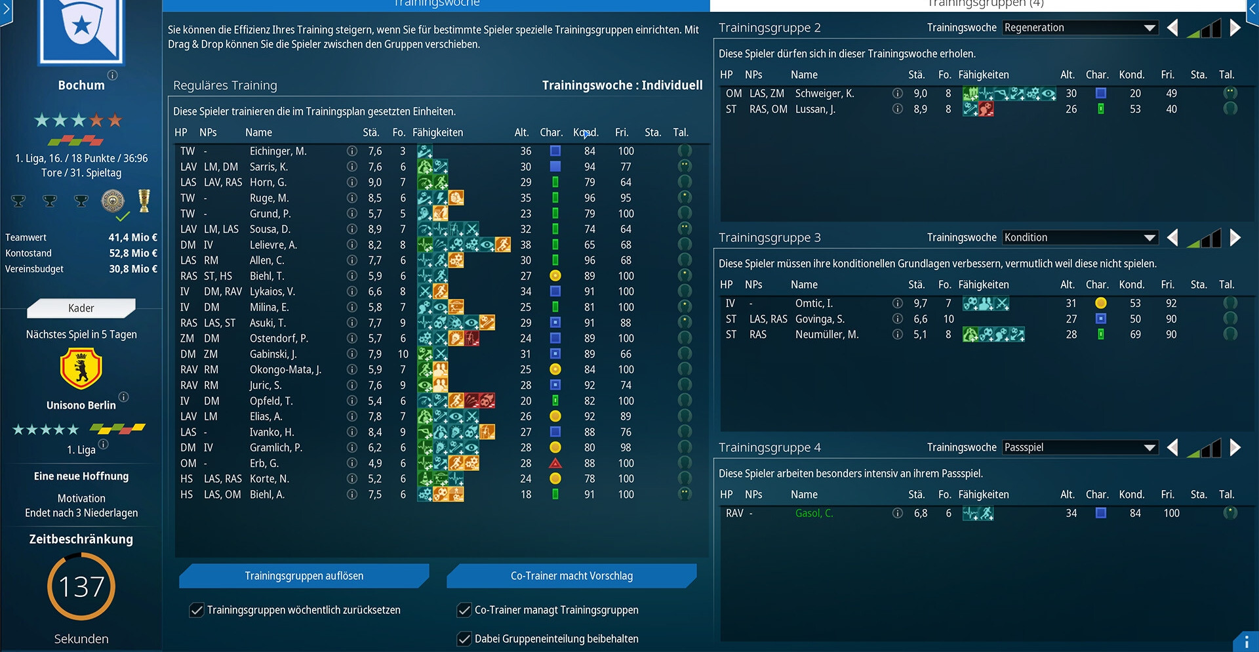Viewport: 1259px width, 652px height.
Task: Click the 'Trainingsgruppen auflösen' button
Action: coord(304,576)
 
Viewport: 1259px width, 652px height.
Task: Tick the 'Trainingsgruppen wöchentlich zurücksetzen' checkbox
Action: coord(197,610)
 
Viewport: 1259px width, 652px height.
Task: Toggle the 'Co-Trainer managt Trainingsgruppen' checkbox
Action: coord(464,610)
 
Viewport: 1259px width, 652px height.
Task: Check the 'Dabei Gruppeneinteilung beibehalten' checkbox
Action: coord(464,639)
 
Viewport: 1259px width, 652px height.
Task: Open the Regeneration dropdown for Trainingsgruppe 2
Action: coord(1079,28)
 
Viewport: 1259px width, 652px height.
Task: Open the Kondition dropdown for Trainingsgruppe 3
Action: coord(1079,237)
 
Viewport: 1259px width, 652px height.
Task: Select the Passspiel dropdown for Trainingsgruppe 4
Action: coord(1079,447)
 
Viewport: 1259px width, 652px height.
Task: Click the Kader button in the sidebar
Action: coord(81,308)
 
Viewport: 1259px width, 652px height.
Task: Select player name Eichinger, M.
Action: coord(278,151)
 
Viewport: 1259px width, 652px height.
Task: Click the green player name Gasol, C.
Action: coord(814,513)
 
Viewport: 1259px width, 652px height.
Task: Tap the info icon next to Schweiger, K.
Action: coord(898,93)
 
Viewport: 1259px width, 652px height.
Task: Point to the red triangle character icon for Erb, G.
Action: coord(555,463)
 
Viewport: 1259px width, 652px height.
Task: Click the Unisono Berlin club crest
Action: coord(81,369)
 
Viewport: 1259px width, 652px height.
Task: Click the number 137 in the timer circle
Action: coord(81,586)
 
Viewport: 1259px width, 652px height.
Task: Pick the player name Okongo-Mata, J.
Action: coord(285,369)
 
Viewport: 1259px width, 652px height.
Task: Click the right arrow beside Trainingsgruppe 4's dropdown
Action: coord(1235,447)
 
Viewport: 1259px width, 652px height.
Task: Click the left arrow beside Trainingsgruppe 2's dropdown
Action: coord(1172,28)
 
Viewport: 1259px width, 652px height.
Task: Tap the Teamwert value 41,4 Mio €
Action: coord(132,237)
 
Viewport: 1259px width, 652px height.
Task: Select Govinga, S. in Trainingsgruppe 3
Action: coord(820,319)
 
